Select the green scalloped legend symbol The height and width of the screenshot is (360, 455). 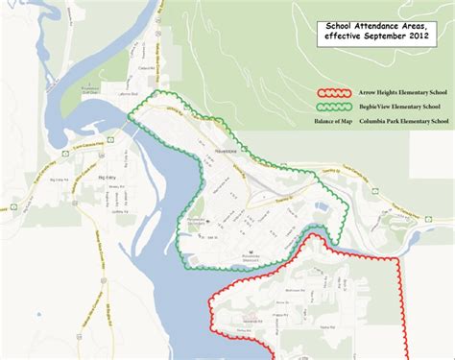click(x=332, y=106)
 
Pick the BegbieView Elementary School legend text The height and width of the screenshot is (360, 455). click(x=398, y=106)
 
